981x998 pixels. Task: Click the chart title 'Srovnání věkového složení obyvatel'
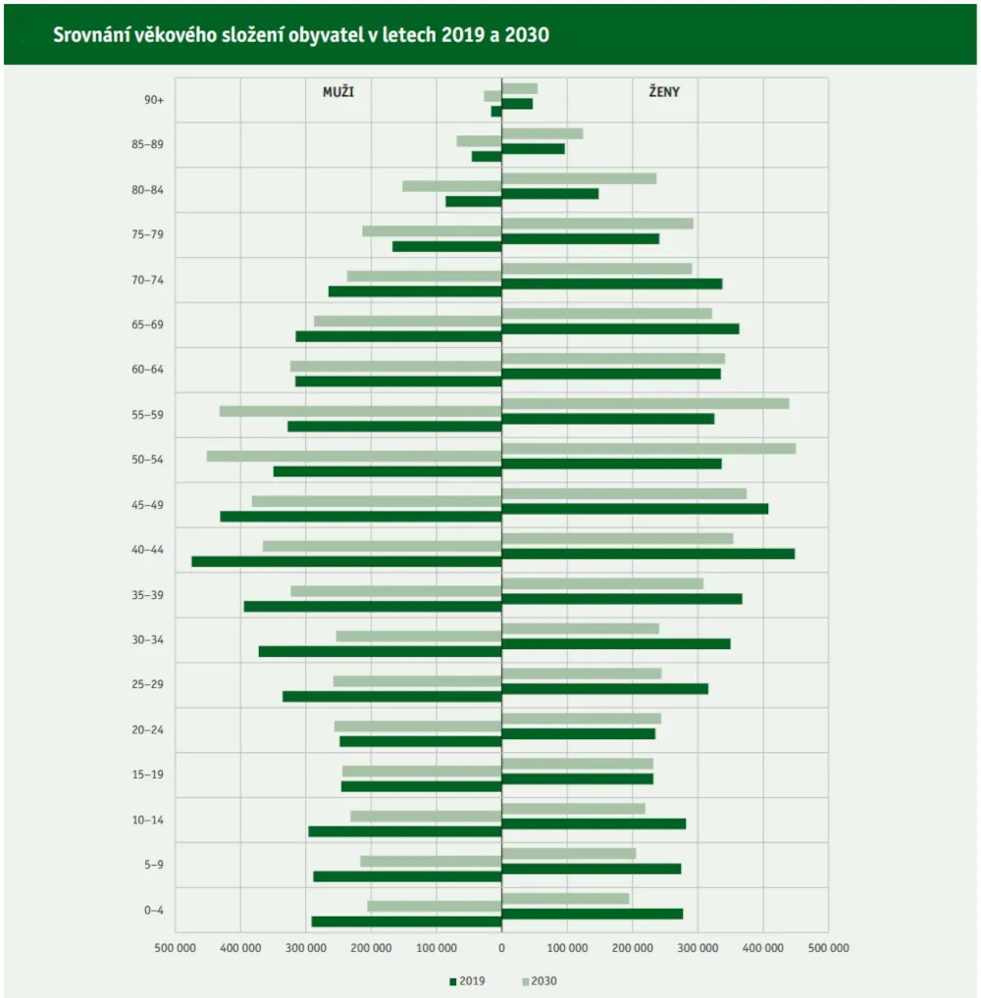301,34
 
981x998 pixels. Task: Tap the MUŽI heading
338,91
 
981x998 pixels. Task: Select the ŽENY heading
664,91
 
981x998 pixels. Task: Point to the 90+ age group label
154,100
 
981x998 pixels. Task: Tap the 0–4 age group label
154,910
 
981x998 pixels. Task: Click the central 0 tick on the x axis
501,948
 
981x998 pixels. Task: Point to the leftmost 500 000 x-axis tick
176,948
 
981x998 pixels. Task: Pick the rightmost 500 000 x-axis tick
828,948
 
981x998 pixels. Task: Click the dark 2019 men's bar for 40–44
346,562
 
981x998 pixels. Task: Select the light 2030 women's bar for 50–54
648,448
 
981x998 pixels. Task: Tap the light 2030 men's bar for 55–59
360,411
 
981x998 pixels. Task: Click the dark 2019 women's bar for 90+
517,104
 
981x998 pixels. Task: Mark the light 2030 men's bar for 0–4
435,906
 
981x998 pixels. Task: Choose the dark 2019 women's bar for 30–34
616,644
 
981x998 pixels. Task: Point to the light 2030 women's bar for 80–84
579,178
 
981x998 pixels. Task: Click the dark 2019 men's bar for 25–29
392,696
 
